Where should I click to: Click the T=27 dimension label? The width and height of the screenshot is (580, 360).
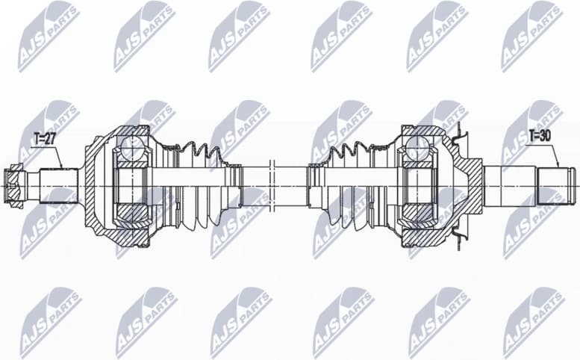[46, 138]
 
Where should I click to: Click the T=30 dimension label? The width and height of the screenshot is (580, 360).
[540, 136]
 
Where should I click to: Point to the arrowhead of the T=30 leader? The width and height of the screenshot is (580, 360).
[558, 166]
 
